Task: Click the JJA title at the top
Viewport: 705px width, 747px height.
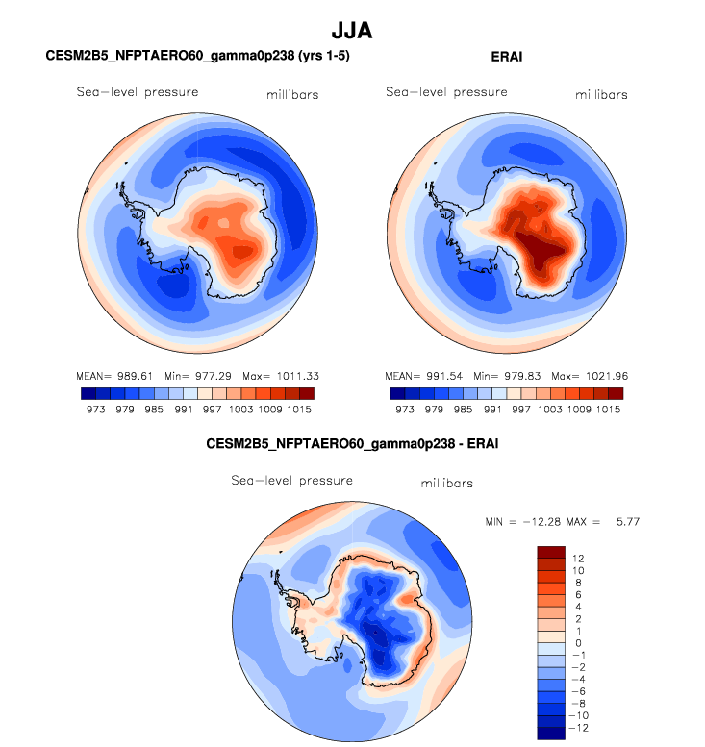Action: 351,31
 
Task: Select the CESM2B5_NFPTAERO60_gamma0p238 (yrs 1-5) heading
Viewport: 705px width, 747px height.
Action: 197,57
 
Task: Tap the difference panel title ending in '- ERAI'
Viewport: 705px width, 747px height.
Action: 352,444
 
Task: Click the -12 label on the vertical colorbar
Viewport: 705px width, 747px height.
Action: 579,728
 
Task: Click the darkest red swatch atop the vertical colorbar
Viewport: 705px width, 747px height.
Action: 550,551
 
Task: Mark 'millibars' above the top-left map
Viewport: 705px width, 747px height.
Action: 292,95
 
